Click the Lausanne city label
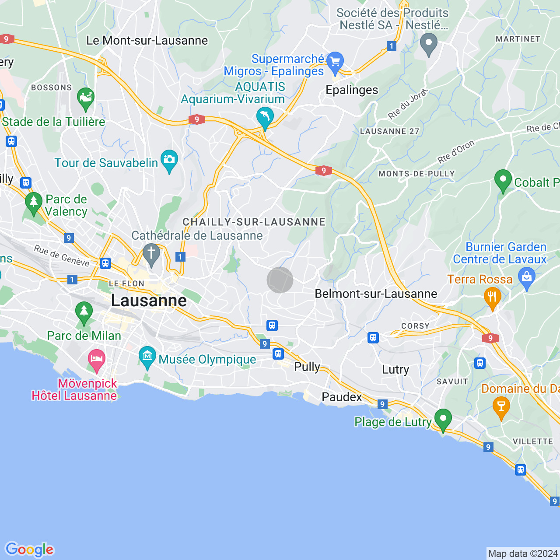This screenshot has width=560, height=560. pyautogui.click(x=149, y=301)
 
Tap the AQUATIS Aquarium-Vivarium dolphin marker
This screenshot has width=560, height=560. pyautogui.click(x=265, y=117)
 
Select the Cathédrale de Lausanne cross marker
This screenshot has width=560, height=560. pyautogui.click(x=151, y=254)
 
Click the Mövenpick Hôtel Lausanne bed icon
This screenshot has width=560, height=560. pyautogui.click(x=97, y=360)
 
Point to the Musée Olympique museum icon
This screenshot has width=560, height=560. pyautogui.click(x=147, y=357)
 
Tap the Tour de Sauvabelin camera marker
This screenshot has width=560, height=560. pyautogui.click(x=169, y=160)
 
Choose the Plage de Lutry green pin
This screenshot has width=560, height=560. pyautogui.click(x=443, y=419)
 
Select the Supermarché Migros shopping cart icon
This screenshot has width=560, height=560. pyautogui.click(x=335, y=62)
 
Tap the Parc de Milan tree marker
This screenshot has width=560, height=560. pyautogui.click(x=84, y=312)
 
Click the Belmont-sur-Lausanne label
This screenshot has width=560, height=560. pyautogui.click(x=376, y=294)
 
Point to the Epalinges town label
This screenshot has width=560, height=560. pyautogui.click(x=352, y=90)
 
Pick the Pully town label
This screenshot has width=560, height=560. pyautogui.click(x=307, y=367)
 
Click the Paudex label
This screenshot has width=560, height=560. pyautogui.click(x=342, y=397)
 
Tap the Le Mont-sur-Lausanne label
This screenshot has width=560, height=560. pyautogui.click(x=147, y=41)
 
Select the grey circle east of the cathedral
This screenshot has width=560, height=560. pyautogui.click(x=280, y=280)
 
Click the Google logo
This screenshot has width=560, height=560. pyautogui.click(x=29, y=549)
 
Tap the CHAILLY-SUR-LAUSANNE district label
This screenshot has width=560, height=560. pyautogui.click(x=254, y=222)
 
